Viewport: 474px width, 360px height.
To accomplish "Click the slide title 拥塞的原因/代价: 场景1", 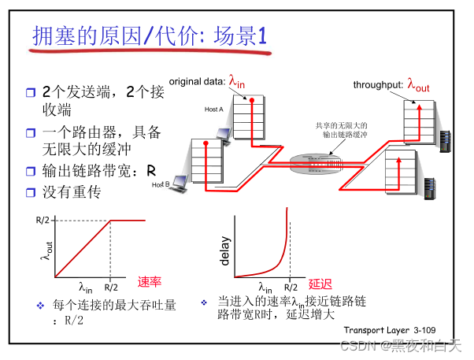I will tap(150, 36).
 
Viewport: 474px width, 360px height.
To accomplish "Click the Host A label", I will tap(214, 109).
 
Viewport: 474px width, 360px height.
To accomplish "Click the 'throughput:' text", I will tap(378, 85).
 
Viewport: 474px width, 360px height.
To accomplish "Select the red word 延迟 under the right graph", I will tap(320, 284).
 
